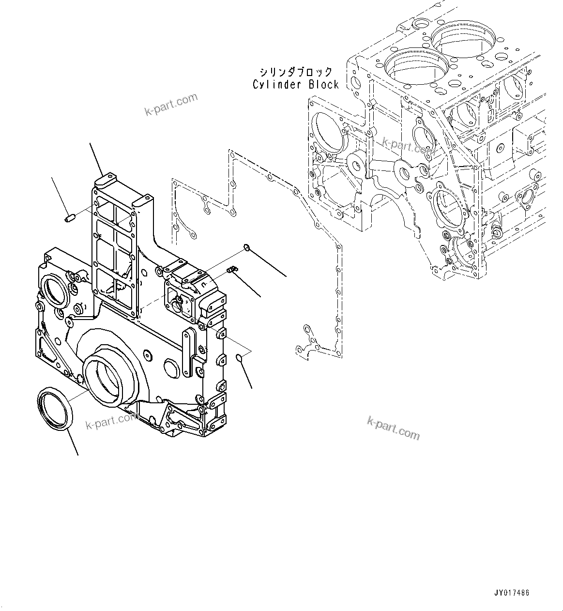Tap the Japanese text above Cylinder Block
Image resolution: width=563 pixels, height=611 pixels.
coord(296,72)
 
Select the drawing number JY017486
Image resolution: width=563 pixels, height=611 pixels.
coord(512,593)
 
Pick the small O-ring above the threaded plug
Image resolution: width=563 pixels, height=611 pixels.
coord(246,248)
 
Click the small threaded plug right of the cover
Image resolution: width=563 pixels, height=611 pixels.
coord(232,269)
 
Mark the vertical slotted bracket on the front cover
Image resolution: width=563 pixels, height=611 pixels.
coord(187,353)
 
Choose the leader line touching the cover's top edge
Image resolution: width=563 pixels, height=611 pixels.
coord(96,160)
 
